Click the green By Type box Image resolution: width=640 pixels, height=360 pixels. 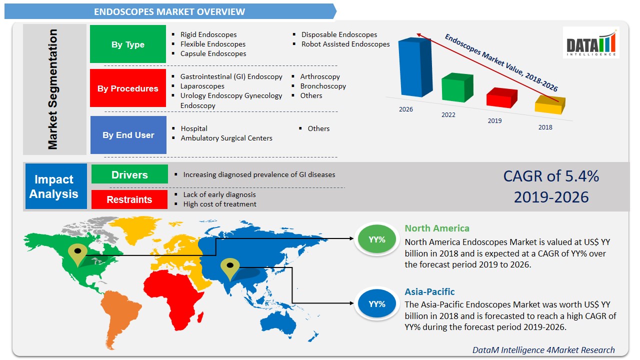tap(128, 44)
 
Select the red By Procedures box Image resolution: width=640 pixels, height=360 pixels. tap(128, 88)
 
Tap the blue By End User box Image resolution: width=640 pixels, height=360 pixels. tap(128, 135)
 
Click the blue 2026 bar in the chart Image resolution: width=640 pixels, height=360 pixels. tap(414, 67)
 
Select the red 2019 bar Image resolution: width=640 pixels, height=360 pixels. tap(501, 97)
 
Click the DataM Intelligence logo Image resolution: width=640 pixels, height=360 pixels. tap(591, 42)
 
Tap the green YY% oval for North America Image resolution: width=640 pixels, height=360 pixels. tap(377, 239)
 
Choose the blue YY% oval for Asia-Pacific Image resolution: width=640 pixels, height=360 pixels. tap(377, 303)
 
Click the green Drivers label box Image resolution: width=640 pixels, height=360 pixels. tap(129, 175)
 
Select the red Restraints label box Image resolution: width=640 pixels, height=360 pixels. tap(129, 199)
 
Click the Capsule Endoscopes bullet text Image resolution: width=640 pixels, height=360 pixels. tap(213, 53)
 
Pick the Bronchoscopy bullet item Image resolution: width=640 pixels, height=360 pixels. tap(323, 86)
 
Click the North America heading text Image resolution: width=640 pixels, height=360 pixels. tap(437, 228)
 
